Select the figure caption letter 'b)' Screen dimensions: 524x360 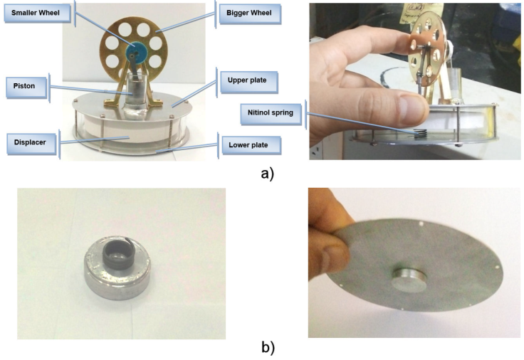click(x=268, y=348)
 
